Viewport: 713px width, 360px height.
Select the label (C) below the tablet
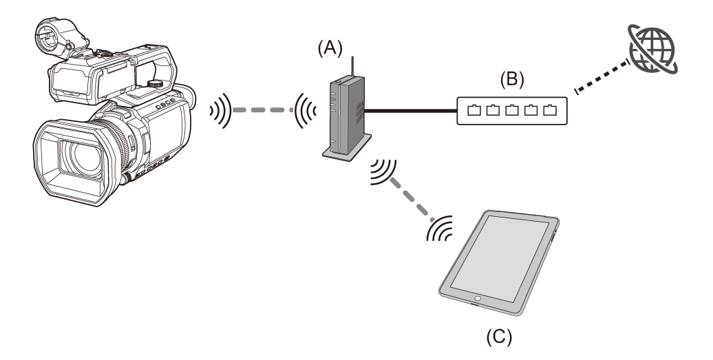pos(498,337)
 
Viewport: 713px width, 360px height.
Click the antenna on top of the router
pos(352,65)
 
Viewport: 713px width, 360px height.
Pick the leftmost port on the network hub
pos(474,110)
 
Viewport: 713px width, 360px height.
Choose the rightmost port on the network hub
pos(550,110)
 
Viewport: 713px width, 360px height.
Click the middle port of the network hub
pos(512,110)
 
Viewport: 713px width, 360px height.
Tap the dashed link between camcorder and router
pos(266,109)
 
